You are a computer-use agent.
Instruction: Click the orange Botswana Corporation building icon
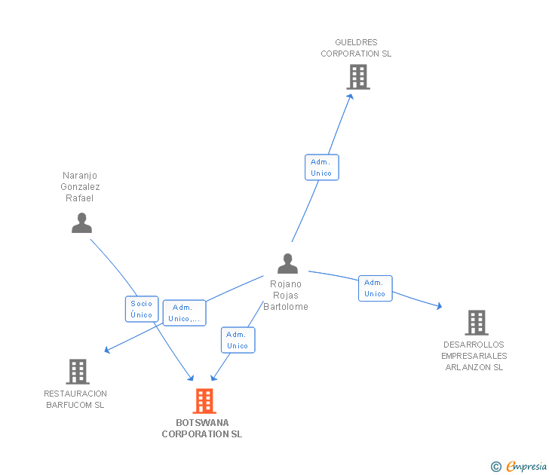tap(204, 400)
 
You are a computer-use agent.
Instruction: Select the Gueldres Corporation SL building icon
tap(358, 76)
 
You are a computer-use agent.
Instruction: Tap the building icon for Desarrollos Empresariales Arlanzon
tap(476, 323)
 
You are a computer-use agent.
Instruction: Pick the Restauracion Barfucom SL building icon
tap(78, 371)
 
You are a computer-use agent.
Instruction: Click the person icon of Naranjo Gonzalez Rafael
tap(81, 222)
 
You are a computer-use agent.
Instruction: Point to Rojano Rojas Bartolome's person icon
tap(287, 263)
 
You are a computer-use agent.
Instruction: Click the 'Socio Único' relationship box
tap(141, 309)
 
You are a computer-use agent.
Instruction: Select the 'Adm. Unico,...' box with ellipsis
tap(184, 312)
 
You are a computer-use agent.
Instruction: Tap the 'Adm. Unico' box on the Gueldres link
tap(321, 167)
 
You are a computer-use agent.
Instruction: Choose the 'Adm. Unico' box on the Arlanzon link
tap(375, 288)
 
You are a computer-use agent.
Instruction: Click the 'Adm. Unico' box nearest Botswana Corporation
tap(237, 340)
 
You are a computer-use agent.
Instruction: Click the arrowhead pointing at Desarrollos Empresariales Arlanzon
tap(438, 305)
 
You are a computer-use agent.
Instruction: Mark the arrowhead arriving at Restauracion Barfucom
tap(107, 350)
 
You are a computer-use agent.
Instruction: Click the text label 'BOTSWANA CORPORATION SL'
tap(202, 428)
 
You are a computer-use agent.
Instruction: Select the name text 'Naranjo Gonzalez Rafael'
tap(81, 186)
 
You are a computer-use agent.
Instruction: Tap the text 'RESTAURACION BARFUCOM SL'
tap(75, 399)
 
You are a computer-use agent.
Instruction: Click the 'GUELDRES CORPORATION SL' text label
tap(356, 48)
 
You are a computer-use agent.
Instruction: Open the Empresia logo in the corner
tap(526, 466)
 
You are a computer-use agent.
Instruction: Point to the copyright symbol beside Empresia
tap(495, 467)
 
